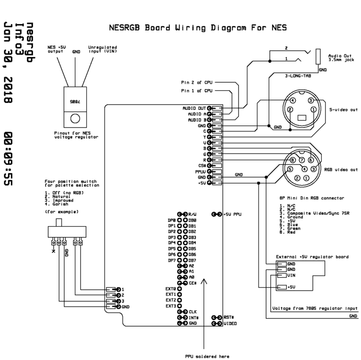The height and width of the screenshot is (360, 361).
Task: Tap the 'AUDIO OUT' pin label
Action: [x=194, y=108]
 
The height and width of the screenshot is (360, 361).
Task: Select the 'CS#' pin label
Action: [x=202, y=165]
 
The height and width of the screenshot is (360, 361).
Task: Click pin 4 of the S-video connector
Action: [x=292, y=100]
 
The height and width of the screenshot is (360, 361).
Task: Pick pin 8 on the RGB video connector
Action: [x=293, y=160]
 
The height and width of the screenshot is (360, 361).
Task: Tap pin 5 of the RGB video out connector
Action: [x=290, y=169]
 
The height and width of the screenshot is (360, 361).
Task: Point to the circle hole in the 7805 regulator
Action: [x=75, y=118]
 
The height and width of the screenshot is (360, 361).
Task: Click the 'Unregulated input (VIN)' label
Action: [x=102, y=49]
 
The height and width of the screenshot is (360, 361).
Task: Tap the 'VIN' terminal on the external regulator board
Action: [x=291, y=275]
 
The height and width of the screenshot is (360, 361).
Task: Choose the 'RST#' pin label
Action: [x=229, y=318]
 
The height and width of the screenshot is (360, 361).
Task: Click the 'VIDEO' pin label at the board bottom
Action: [x=230, y=324]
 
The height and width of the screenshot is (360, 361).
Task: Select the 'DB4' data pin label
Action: [x=192, y=243]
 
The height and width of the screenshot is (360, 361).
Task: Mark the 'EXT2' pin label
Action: [x=170, y=300]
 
